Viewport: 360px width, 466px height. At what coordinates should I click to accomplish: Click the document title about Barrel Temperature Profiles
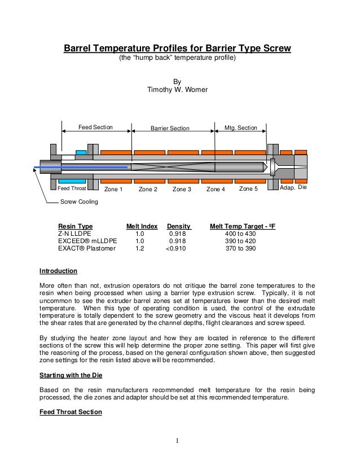point(176,48)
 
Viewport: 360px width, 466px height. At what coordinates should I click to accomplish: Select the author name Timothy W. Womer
point(177,90)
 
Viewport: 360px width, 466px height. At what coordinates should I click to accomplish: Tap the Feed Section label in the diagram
point(95,128)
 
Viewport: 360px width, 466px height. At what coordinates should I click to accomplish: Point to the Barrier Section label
point(170,128)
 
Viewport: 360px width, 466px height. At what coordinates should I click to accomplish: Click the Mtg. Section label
point(241,128)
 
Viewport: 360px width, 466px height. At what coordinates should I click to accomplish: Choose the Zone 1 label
point(114,189)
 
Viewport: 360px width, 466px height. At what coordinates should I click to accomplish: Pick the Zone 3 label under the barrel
point(182,189)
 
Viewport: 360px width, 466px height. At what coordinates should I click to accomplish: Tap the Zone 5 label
point(248,188)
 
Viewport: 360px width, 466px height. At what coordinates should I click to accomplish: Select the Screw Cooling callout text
point(79,201)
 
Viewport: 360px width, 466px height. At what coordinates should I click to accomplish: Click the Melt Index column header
point(142,226)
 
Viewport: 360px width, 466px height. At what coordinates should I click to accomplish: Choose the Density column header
point(179,226)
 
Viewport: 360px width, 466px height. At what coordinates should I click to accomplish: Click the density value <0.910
point(179,248)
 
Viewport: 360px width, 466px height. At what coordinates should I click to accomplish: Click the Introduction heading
point(58,271)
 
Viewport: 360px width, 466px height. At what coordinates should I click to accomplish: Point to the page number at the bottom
point(177,441)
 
